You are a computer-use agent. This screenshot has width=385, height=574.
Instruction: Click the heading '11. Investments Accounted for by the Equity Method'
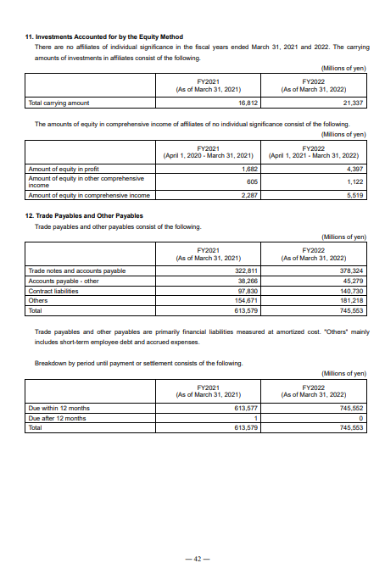tap(103, 37)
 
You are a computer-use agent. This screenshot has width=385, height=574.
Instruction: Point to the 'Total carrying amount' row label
tap(59, 102)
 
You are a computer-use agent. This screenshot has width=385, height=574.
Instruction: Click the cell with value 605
tap(249, 181)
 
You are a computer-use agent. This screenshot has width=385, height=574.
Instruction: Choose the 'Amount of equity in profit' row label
tap(64, 169)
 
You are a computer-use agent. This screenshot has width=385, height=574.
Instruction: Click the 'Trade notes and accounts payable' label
tap(77, 270)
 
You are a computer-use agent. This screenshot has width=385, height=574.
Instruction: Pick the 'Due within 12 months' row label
tap(59, 408)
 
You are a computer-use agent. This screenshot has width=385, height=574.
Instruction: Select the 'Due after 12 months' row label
tap(58, 418)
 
